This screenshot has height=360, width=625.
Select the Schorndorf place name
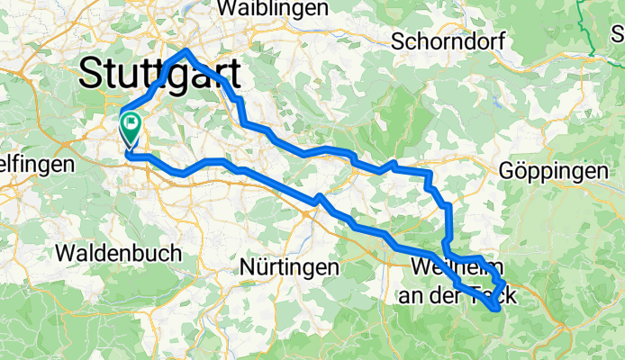(x=448, y=40)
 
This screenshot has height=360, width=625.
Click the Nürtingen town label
(x=290, y=267)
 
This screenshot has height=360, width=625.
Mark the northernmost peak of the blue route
(x=186, y=51)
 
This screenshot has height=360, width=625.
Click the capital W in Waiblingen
(x=229, y=7)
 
